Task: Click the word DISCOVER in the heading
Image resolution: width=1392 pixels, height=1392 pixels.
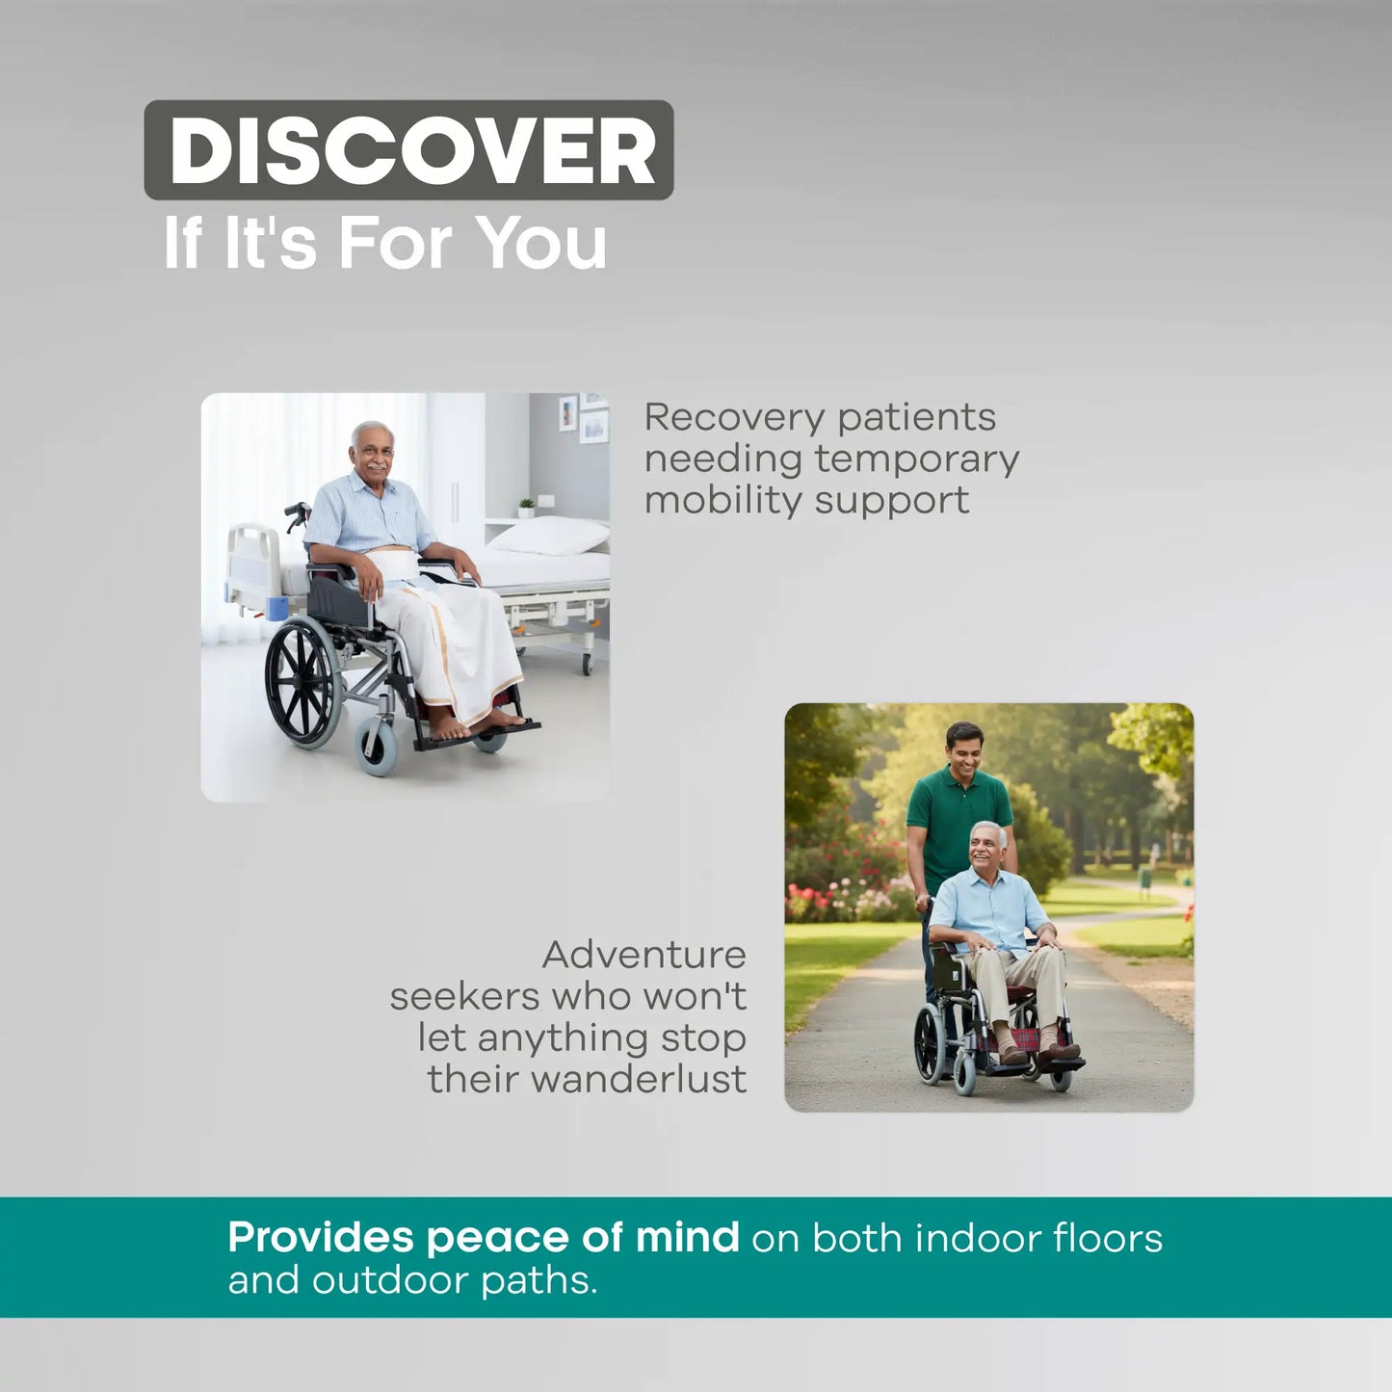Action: point(411,151)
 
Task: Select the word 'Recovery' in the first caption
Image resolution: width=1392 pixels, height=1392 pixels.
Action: point(731,418)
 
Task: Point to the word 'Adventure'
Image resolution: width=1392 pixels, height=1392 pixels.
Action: point(643,955)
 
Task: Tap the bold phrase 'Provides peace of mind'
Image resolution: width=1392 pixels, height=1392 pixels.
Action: point(483,1237)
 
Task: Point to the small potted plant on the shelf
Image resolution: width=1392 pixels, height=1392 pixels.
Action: point(526,507)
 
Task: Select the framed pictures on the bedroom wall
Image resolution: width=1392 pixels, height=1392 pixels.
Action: point(583,416)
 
